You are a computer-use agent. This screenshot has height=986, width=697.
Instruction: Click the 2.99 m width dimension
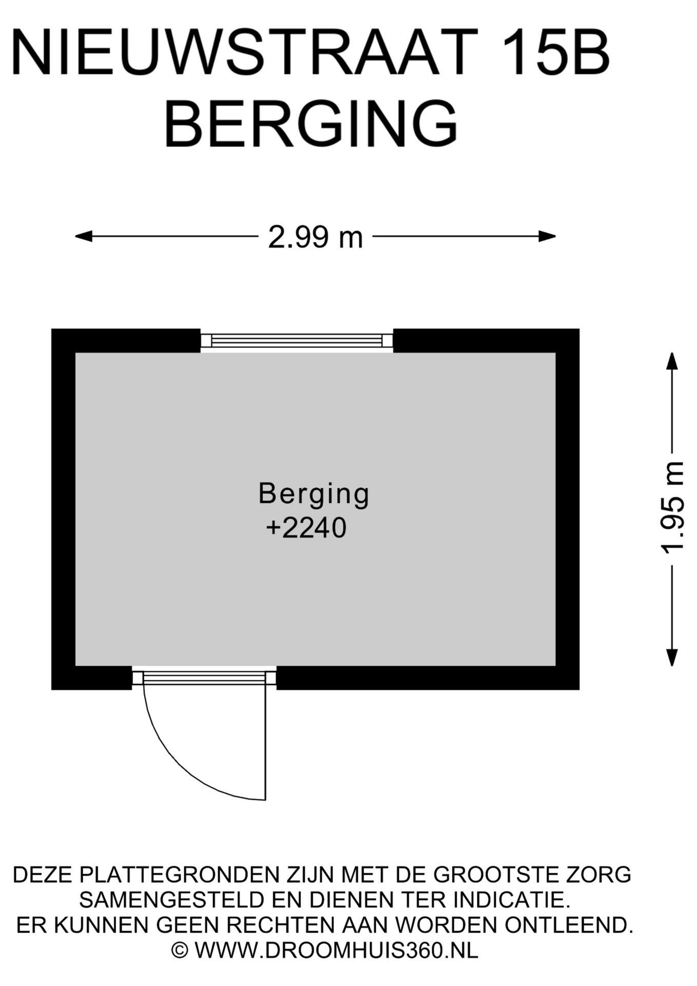click(x=315, y=238)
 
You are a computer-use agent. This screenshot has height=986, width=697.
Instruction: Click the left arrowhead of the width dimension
click(x=83, y=236)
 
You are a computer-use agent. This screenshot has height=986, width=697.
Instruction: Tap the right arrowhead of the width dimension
click(x=547, y=236)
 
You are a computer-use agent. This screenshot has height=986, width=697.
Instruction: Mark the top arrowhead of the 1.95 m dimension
click(x=672, y=361)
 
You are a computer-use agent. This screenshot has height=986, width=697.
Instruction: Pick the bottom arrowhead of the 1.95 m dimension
click(x=672, y=657)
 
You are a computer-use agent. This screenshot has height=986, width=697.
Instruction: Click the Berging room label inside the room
click(x=314, y=494)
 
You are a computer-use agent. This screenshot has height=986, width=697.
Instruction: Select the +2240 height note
click(x=306, y=528)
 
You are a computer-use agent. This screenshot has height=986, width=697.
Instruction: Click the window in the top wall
click(x=297, y=340)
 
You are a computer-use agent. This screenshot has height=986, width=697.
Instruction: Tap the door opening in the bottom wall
click(x=204, y=678)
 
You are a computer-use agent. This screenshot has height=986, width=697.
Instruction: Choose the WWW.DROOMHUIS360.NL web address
click(x=336, y=951)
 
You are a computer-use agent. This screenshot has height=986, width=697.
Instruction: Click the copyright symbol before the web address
click(x=180, y=951)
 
